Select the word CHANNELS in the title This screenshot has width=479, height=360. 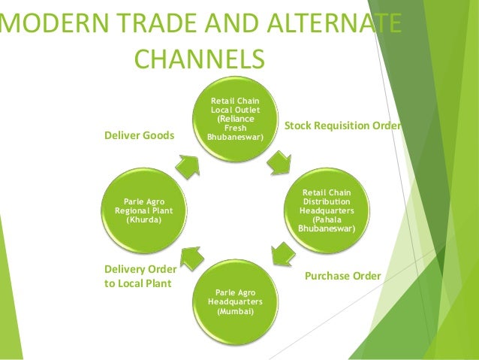coord(198,59)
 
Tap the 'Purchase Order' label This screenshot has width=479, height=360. coord(342,277)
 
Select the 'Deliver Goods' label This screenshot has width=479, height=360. coord(139,135)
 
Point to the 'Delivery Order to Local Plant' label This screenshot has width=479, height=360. coord(140,277)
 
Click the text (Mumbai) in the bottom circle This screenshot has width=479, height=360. coord(235,310)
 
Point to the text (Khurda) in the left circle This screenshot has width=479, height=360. coord(142,219)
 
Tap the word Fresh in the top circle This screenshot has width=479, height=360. coord(236,128)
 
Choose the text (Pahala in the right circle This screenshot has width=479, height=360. coord(327,219)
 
